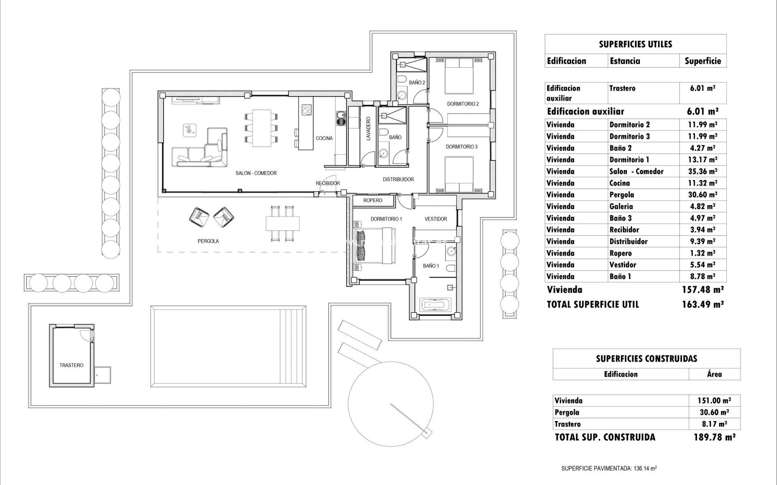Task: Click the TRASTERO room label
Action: [x=71, y=365]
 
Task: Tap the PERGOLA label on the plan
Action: [x=208, y=241]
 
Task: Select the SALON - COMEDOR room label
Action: [x=256, y=173]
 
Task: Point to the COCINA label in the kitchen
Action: [x=324, y=138]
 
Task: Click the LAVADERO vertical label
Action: [x=368, y=129]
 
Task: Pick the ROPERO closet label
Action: [x=372, y=200]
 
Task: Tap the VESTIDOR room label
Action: [x=435, y=219]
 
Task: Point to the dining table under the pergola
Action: [x=283, y=223]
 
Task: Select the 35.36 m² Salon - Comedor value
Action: [x=703, y=171]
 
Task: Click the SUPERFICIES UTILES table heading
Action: [x=635, y=44]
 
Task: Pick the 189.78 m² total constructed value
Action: [x=714, y=437]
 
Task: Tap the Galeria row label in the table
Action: [x=621, y=207]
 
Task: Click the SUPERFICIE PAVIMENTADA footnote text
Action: [x=609, y=468]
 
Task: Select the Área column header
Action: [x=714, y=374]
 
